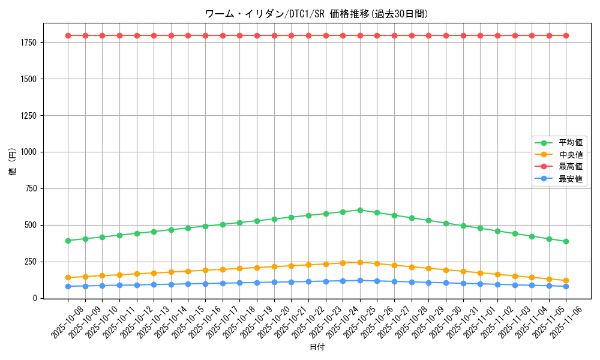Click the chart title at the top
point(317,14)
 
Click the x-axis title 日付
point(317,347)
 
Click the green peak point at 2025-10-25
point(360,210)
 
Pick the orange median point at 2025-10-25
point(360,262)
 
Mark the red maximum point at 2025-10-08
point(68,35)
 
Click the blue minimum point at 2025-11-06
point(566,286)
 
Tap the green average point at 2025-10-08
point(68,241)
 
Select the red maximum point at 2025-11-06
point(566,35)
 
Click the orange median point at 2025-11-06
point(566,281)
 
